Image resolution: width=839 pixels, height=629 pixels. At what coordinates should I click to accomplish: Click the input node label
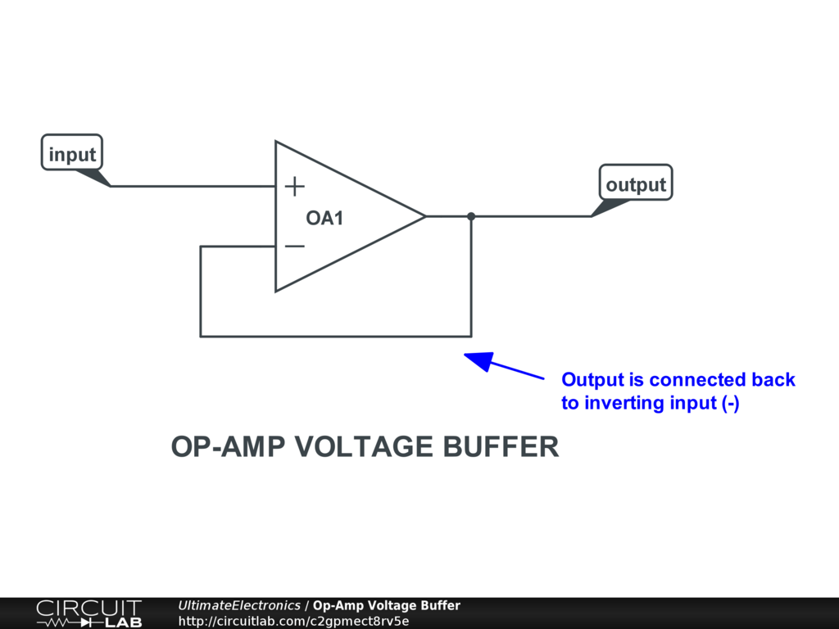[x=72, y=153]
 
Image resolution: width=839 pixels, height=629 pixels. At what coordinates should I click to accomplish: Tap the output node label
[x=636, y=184]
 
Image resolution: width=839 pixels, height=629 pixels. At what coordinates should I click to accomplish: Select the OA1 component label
[x=324, y=219]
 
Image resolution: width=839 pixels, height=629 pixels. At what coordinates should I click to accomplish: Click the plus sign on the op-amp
[x=294, y=187]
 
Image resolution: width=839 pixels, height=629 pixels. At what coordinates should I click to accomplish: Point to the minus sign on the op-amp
[x=294, y=246]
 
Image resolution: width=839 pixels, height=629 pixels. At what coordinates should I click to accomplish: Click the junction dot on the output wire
[x=471, y=216]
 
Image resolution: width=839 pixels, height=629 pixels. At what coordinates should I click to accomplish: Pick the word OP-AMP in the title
[x=229, y=447]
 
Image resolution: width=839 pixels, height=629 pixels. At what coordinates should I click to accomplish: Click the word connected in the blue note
[x=698, y=380]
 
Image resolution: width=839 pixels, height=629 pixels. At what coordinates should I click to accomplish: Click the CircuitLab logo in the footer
[x=88, y=613]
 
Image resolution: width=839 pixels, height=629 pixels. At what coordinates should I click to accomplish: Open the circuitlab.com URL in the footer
[x=293, y=621]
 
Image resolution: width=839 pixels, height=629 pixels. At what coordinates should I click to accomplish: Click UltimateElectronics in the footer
[x=239, y=606]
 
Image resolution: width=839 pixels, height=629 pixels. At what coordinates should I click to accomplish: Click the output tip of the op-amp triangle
[x=424, y=216]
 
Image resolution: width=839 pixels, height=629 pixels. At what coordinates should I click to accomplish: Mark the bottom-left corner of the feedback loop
[x=201, y=336]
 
